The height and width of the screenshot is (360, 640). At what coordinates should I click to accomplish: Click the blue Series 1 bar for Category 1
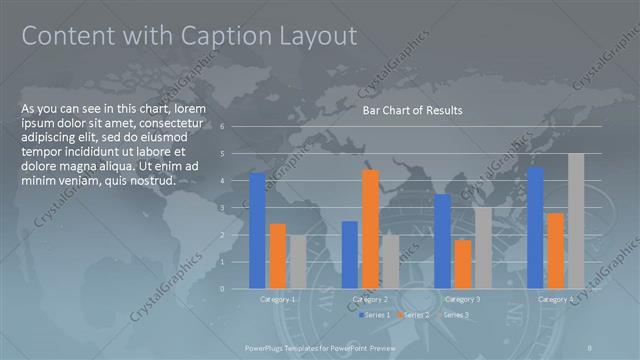coord(258,230)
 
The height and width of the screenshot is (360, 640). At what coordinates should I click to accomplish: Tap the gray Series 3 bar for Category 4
coord(576,221)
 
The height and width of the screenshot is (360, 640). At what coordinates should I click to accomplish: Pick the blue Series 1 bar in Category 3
coord(442,241)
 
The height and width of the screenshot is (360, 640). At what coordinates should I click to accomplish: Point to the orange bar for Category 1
coord(278,256)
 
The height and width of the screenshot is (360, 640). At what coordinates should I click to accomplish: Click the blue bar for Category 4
coord(536,227)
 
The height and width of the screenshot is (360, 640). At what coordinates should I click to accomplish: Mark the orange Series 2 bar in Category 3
coord(462,264)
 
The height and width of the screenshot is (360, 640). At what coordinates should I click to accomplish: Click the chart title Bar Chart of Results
coord(412,111)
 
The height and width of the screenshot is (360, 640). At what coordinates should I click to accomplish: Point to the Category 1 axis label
coord(278,299)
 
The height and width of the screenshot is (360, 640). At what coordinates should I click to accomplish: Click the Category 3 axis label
coord(462,299)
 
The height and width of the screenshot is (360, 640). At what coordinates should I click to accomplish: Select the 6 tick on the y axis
coord(236,127)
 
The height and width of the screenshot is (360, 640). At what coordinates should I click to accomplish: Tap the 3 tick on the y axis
coord(236,208)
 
